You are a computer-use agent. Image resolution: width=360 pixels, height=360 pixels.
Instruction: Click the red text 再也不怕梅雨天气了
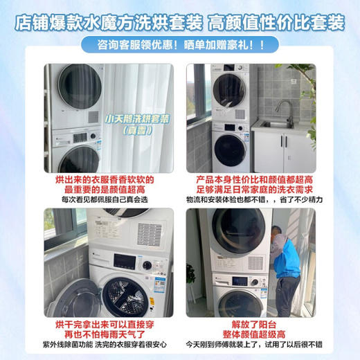pos(91,334)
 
